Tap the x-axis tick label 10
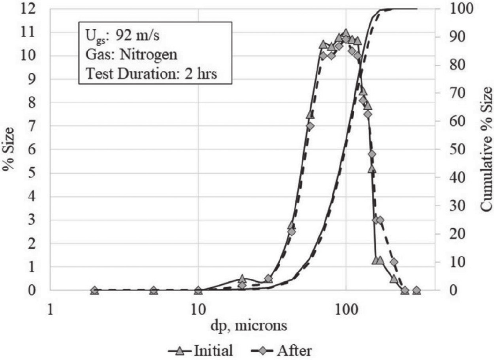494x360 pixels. coord(198,312)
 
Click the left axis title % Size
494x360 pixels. coord(9,149)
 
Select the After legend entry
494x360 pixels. coord(285,351)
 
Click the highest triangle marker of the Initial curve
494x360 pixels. coord(346,32)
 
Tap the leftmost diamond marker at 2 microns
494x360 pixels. coord(95,290)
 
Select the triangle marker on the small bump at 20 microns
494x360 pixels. coord(242,278)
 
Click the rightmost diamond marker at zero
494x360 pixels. coord(416,290)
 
